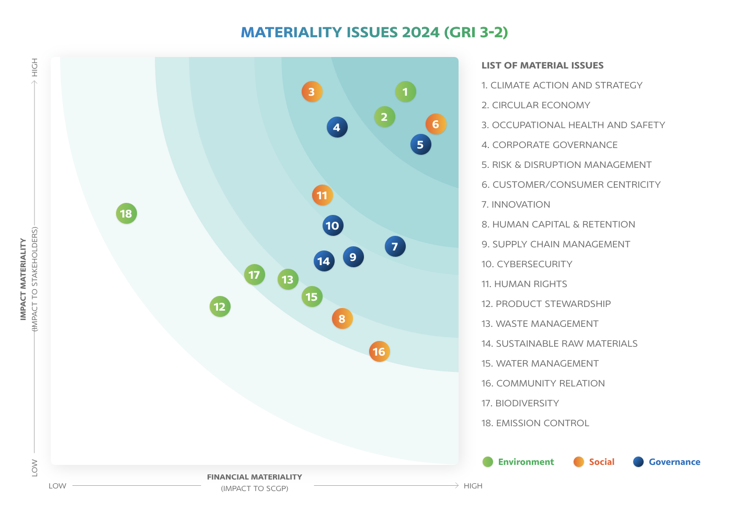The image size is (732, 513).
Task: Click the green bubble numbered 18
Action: [x=126, y=213]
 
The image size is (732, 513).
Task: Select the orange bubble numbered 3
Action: [x=312, y=92]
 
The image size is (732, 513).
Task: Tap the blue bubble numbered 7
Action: [x=395, y=246]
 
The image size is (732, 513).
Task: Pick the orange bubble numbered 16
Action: [x=379, y=351]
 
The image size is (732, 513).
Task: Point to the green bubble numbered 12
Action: [x=220, y=306]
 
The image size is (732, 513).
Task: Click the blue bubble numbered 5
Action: [x=420, y=144]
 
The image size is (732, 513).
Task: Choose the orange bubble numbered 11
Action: [x=322, y=195]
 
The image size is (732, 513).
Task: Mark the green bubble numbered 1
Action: [x=405, y=92]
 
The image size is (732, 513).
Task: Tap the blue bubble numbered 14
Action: [x=324, y=261]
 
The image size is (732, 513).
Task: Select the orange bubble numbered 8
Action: [x=342, y=318]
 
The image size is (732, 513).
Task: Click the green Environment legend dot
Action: [x=488, y=462]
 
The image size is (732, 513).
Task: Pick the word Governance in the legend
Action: [x=674, y=462]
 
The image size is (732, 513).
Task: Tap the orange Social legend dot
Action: [x=578, y=462]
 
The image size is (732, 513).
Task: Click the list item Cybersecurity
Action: [x=527, y=264]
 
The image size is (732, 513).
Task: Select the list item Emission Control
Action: [x=535, y=423]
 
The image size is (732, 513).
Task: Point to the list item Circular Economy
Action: [x=535, y=105]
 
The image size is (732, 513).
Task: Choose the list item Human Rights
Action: [x=524, y=284]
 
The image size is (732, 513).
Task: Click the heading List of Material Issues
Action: [x=542, y=65]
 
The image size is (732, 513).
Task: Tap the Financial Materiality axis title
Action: [x=255, y=477]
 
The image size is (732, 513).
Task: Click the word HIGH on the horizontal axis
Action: [x=473, y=486]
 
